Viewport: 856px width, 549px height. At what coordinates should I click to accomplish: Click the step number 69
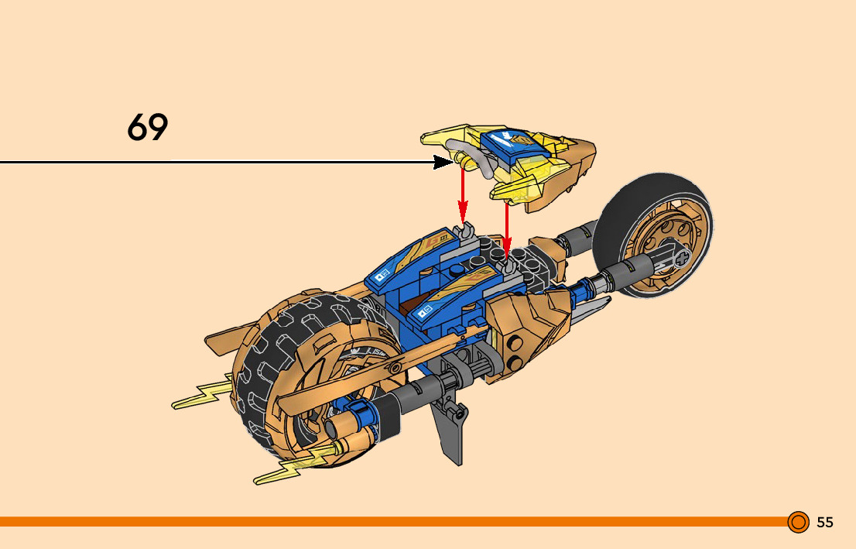coord(147,128)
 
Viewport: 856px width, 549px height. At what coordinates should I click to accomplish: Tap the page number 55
coord(825,523)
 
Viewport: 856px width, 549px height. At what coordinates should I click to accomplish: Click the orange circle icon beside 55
coord(798,523)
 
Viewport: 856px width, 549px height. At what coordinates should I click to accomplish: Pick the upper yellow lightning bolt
coord(203,395)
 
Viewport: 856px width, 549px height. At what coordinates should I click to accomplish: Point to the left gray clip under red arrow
coord(466,230)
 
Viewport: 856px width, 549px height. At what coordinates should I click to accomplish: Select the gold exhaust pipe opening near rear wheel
coord(332,428)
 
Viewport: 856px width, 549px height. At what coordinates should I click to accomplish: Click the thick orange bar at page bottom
coord(387,522)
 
